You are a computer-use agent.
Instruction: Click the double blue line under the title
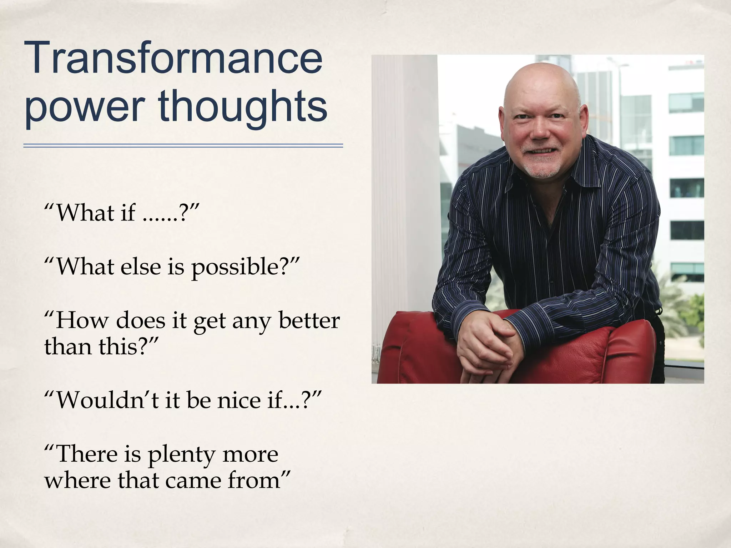pos(183,146)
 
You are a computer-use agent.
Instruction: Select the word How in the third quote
pos(82,320)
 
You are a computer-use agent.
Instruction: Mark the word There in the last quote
pos(87,454)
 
